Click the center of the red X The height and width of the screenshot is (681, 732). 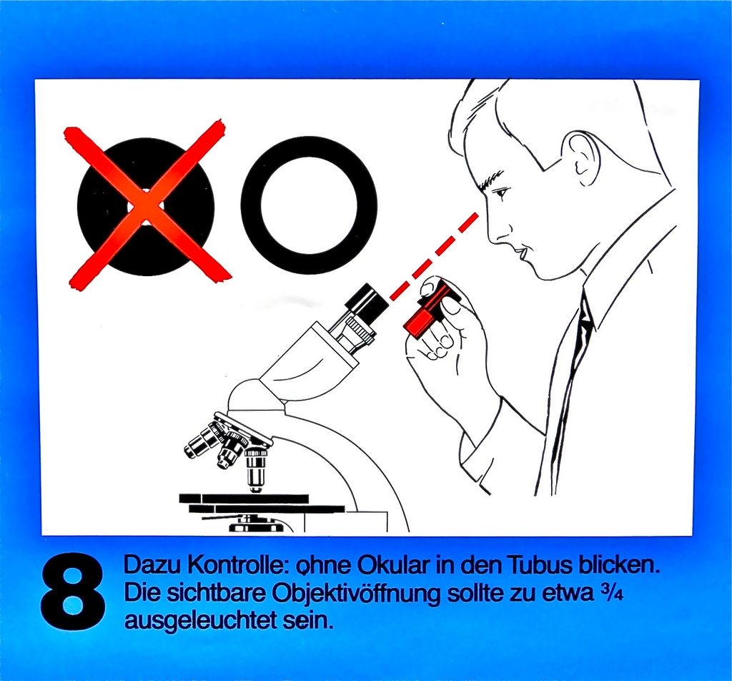click(x=147, y=207)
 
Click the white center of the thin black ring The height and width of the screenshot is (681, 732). click(x=308, y=206)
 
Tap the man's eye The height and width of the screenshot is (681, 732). click(x=500, y=192)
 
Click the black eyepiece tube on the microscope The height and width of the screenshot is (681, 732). click(x=367, y=302)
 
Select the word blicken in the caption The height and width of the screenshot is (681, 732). click(x=618, y=566)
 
